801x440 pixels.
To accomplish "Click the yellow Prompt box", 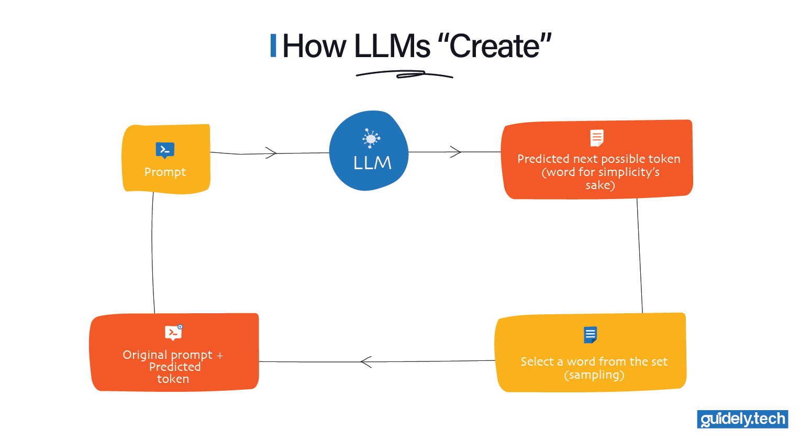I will [165, 159].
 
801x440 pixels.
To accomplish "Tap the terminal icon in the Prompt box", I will [165, 150].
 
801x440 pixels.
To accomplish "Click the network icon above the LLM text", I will [371, 138].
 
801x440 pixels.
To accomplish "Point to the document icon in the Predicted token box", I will [597, 138].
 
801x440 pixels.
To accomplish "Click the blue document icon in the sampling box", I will [591, 335].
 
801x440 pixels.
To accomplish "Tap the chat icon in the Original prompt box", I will [173, 333].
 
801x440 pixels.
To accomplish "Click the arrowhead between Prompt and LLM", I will [272, 153].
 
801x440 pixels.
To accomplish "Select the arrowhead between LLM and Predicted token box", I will [456, 152].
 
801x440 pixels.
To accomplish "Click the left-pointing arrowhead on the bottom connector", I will [365, 361].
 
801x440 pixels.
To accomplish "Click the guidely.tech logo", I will [742, 419].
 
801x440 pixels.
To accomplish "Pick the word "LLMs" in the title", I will [392, 46].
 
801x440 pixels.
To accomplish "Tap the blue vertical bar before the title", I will [273, 46].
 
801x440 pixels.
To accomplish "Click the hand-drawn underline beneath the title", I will [404, 75].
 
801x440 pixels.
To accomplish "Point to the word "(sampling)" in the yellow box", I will [594, 375].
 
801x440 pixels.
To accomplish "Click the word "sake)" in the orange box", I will [600, 185].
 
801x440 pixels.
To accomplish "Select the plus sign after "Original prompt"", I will [220, 356].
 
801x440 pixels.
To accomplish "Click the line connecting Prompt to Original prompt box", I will [152, 251].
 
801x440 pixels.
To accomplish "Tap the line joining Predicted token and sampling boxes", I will [640, 257].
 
